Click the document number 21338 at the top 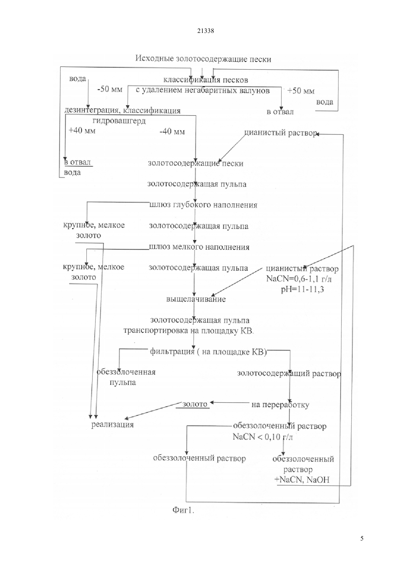coord(205,31)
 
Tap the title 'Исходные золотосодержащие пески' coord(203,59)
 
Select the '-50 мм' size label coord(110,90)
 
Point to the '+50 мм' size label coord(301,91)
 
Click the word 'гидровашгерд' coord(119,121)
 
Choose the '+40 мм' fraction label coord(82,131)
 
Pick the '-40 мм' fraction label coord(172,132)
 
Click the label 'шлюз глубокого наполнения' coord(203,205)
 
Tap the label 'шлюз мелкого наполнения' coord(199,247)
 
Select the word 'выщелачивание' coord(196,299)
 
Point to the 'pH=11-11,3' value coord(302,290)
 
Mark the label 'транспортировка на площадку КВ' coord(189,331)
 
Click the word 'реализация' coord(113,425)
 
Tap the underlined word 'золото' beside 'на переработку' coord(195,404)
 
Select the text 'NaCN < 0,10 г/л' coord(263,437)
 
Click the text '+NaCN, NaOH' coord(302,480)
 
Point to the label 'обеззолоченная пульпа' coord(126,377)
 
